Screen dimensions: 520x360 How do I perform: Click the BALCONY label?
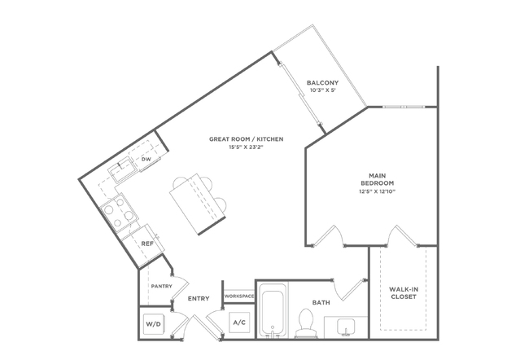tap(322, 82)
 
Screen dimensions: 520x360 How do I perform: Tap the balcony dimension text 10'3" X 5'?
tap(322, 90)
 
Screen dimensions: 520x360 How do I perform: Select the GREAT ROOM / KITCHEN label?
tap(246, 139)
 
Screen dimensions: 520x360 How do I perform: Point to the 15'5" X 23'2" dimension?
tap(246, 147)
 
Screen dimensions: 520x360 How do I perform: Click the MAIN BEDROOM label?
tap(378, 179)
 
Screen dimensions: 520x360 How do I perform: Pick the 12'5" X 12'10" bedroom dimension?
tap(378, 191)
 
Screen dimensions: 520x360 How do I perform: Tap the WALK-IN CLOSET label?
tap(404, 293)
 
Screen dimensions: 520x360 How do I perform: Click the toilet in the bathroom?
tap(304, 323)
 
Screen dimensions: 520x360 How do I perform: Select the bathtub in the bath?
tap(273, 310)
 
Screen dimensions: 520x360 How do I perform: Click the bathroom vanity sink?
tap(346, 327)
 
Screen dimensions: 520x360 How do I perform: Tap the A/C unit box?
tap(239, 323)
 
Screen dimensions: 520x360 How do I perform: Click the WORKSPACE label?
tap(239, 296)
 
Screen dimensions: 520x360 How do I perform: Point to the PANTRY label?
tap(161, 286)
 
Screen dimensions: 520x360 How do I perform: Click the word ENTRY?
tap(199, 299)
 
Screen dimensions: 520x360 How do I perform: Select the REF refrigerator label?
tap(147, 244)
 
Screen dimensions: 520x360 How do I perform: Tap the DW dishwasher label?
tap(146, 160)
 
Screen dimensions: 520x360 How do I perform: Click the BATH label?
tap(321, 303)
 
